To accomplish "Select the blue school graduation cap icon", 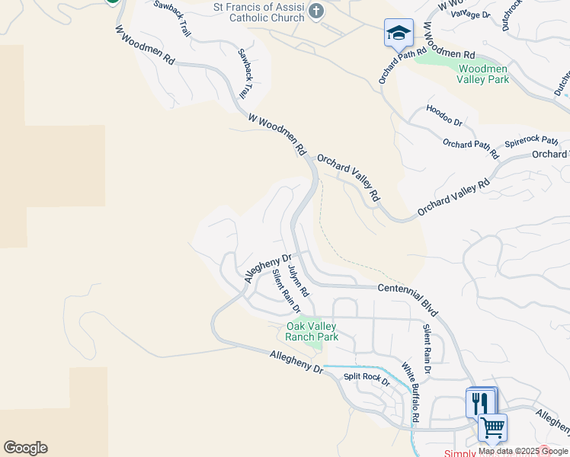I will pos(399,33).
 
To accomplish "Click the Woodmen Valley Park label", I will pos(482,74).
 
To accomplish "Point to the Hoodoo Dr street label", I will pos(444,115).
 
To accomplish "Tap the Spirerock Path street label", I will pos(532,142).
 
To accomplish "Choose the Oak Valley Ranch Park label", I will pos(312,331).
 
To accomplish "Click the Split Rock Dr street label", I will pos(367,379).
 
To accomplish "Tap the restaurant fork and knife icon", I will pos(479,403).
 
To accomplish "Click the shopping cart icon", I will pos(492,428).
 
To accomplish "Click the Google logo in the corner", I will pos(25,448).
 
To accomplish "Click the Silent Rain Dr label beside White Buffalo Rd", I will pos(427,348).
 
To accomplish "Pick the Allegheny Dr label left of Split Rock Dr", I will pos(297,362).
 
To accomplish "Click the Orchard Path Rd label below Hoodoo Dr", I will pos(470,149).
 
